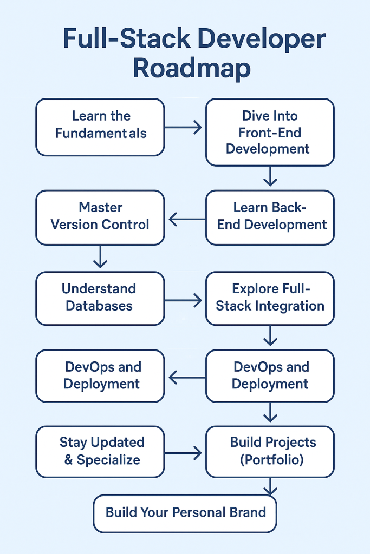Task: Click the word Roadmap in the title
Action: click(191, 69)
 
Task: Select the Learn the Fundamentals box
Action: click(100, 127)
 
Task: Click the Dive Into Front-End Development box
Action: click(270, 132)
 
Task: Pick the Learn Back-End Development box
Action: click(270, 217)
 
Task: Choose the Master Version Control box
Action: click(100, 217)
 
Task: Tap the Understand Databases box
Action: click(100, 298)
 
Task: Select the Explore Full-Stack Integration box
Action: click(270, 298)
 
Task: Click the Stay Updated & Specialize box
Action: click(100, 452)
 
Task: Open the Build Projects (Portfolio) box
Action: click(270, 452)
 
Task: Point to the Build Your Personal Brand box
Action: click(185, 513)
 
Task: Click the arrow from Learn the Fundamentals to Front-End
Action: click(183, 128)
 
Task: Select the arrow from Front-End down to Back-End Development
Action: click(270, 176)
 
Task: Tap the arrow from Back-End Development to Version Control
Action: click(186, 219)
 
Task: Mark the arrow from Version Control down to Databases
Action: click(100, 256)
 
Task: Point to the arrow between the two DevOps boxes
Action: click(186, 377)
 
